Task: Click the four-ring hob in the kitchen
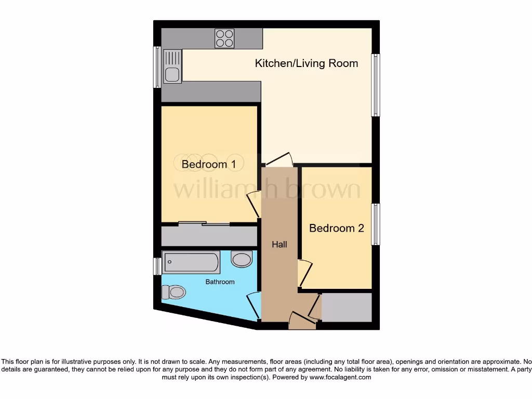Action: pos(224,38)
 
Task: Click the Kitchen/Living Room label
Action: pos(306,63)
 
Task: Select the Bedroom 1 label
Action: pos(208,164)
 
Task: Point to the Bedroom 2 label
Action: pos(336,228)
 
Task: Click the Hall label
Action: pos(279,244)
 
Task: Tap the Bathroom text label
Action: pos(220,282)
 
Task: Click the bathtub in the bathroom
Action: pos(191,262)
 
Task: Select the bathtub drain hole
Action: pos(169,262)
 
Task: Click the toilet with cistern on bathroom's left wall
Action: pos(175,292)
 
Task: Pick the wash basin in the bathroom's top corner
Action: pos(242,259)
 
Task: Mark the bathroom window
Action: pos(156,267)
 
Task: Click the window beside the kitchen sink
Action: pos(156,67)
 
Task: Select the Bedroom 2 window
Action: pos(376,224)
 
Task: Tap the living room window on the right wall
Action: pos(376,85)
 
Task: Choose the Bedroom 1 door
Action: pos(253,205)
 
